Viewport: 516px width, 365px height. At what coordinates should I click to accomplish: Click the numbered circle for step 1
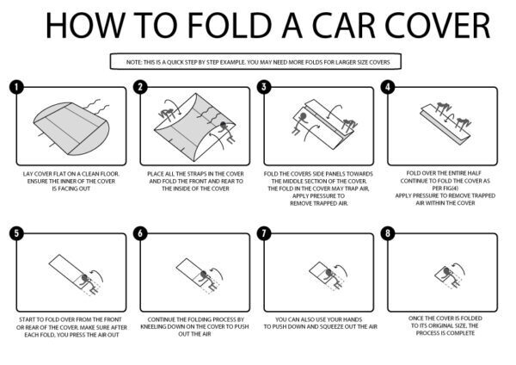(x=15, y=87)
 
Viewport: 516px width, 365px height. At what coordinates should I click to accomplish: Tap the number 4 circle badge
(x=390, y=87)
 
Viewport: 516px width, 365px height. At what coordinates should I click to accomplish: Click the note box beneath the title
(x=257, y=62)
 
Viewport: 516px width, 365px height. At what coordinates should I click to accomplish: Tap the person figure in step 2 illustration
(x=228, y=127)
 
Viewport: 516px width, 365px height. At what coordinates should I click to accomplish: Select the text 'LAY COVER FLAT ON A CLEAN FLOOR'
(x=71, y=173)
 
